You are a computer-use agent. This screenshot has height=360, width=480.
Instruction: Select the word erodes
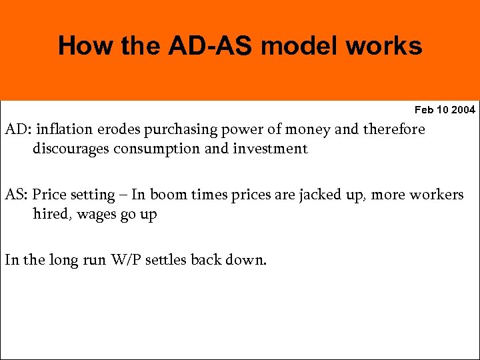pyautogui.click(x=117, y=129)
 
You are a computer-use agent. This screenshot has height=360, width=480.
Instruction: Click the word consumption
pyautogui.click(x=157, y=149)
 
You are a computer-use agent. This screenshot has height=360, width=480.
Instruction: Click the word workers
pyautogui.click(x=437, y=195)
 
